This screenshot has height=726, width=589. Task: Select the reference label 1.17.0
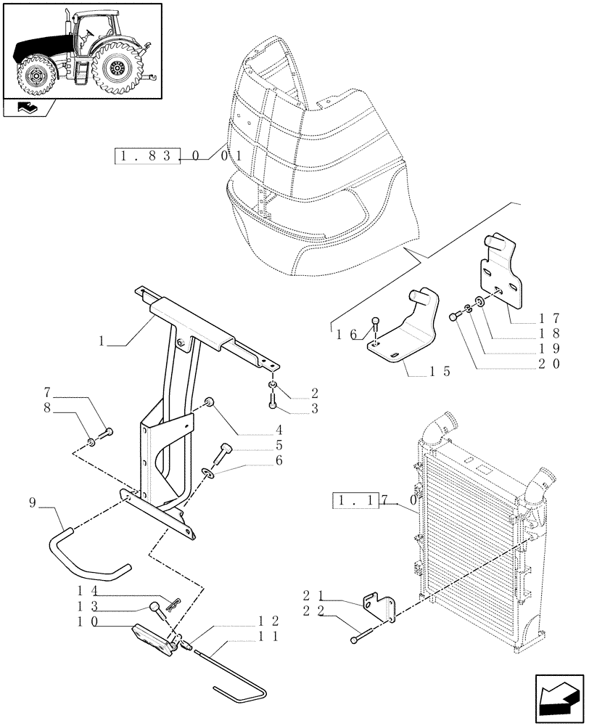coord(374,501)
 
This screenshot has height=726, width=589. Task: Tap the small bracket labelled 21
coord(382,608)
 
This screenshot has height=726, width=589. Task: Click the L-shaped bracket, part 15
coord(406,330)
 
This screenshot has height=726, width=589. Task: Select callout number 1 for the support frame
coord(102,340)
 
